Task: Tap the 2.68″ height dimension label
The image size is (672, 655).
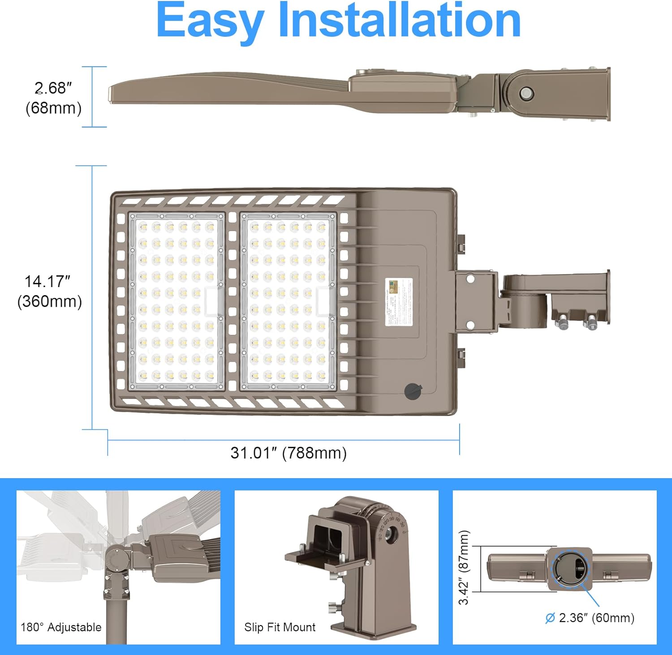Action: pos(53,88)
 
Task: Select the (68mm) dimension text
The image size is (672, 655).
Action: pos(53,108)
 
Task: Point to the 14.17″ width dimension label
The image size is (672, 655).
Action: pos(47,282)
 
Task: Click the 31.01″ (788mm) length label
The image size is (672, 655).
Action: pos(289,453)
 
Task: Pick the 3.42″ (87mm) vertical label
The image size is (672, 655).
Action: pos(464,567)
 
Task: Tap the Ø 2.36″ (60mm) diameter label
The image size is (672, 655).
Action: pos(590,618)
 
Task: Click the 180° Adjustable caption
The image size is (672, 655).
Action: pos(61,627)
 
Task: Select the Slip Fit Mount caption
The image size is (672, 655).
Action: pos(280,627)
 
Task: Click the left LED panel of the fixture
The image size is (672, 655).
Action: pos(177,301)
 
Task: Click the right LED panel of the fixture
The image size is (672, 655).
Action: pos(288,301)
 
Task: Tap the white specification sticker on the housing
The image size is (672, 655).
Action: pos(399,301)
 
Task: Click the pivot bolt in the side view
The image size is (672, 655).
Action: pos(526,94)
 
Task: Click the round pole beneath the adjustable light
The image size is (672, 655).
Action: pos(116,622)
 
